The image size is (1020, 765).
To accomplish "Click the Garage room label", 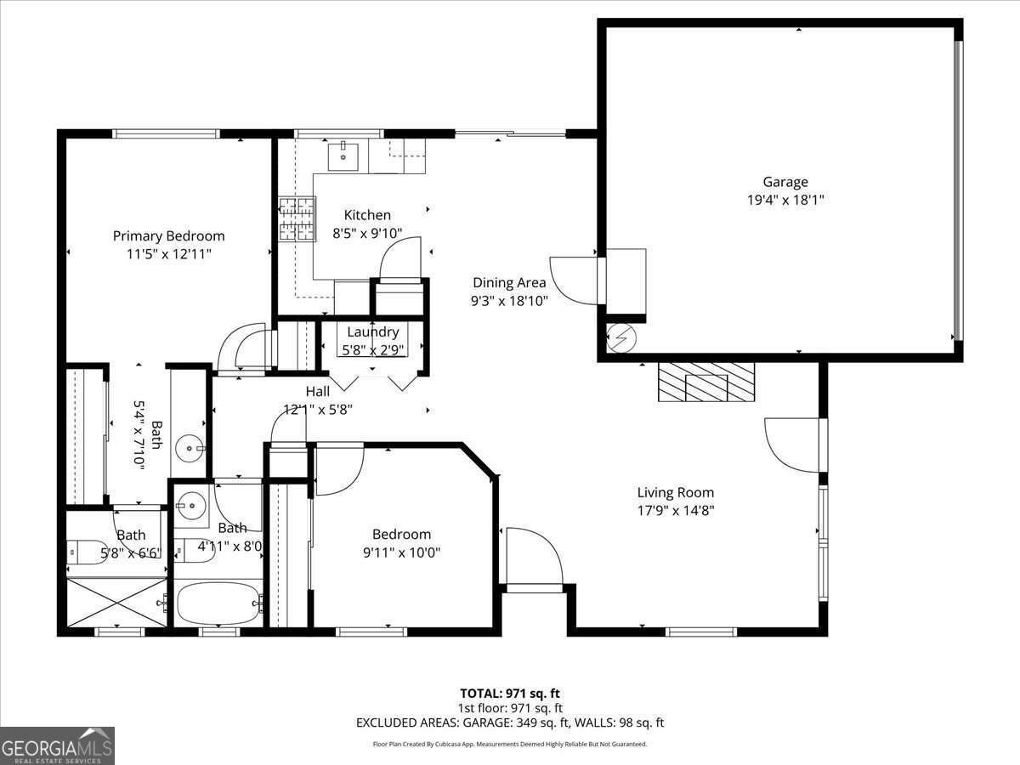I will click(785, 181).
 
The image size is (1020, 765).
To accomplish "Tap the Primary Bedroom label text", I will click(169, 235).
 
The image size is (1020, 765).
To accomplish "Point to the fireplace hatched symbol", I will click(706, 382).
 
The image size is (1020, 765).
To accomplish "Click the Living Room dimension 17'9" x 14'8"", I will click(676, 511).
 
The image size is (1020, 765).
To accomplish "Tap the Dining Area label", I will click(509, 282).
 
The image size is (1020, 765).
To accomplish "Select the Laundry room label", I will click(372, 331).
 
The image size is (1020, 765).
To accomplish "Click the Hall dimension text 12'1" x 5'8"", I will click(317, 409).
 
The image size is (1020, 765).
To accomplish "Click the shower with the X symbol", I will click(116, 603).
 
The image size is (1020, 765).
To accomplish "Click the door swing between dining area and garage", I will click(574, 280).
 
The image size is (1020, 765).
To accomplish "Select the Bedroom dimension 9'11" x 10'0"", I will click(401, 552).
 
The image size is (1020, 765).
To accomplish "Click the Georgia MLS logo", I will click(57, 745).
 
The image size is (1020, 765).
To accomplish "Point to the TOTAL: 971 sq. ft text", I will click(510, 694).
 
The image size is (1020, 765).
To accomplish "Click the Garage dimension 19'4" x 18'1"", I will click(785, 200).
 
